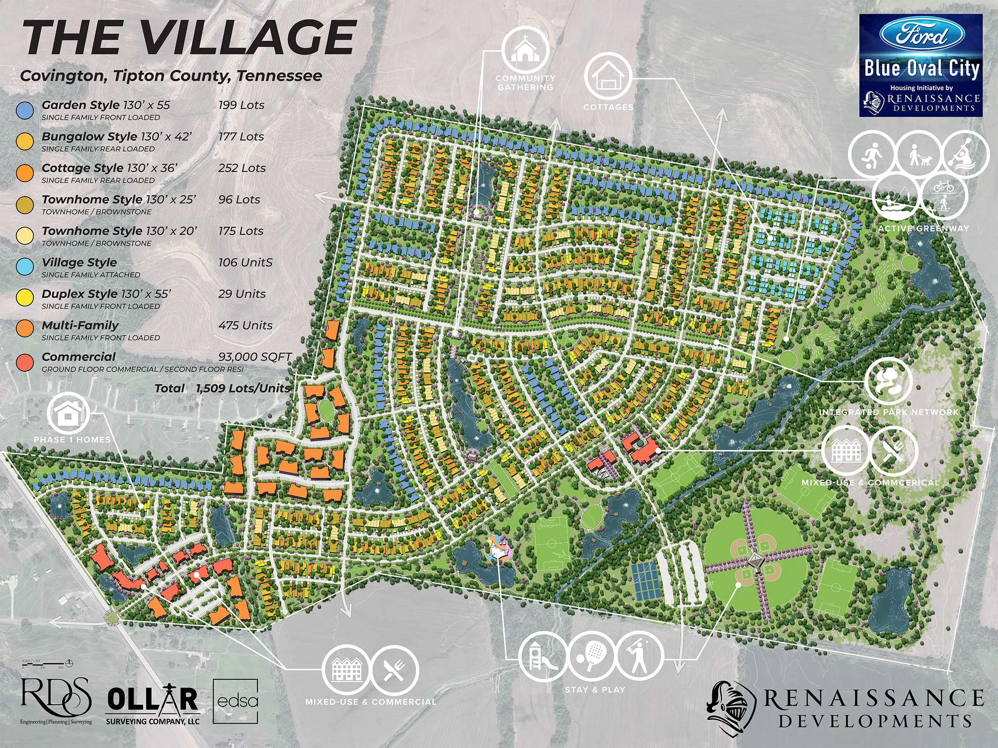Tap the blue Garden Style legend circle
click(x=25, y=110)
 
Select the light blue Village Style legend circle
click(x=25, y=267)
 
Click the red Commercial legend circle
click(x=25, y=362)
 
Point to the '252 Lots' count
click(x=242, y=168)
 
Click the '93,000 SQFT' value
click(x=255, y=357)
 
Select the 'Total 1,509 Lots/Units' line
click(x=222, y=388)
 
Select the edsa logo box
click(x=235, y=701)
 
